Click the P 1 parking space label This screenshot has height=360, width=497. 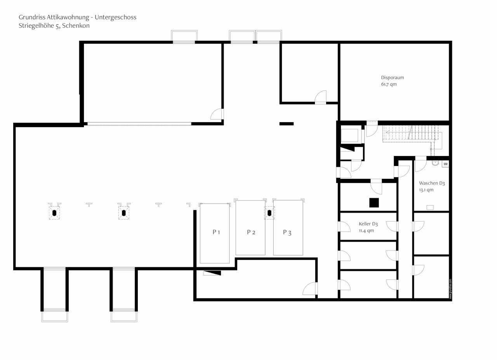(x=216, y=232)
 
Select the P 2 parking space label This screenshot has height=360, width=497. (x=251, y=232)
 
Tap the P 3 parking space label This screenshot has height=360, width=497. (x=287, y=232)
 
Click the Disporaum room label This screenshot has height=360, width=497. (x=393, y=78)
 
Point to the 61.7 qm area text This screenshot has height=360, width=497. (x=389, y=84)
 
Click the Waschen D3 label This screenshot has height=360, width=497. (x=432, y=183)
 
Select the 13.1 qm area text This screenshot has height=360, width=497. (x=426, y=190)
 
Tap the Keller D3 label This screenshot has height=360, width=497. (x=368, y=224)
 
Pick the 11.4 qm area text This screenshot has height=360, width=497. (x=366, y=230)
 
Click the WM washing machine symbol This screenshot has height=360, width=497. (x=445, y=164)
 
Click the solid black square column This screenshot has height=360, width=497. (x=374, y=202)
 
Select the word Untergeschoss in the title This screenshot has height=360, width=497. (x=115, y=17)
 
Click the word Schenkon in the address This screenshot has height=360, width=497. (x=76, y=26)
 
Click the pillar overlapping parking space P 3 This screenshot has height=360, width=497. (x=269, y=213)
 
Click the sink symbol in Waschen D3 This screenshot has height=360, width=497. (x=435, y=163)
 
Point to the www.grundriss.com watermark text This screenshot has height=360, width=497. (x=450, y=289)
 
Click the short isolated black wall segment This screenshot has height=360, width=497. (x=287, y=124)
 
